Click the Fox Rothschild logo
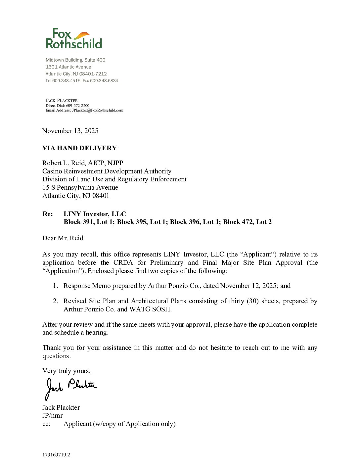[74, 39]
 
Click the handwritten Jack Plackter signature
[71, 387]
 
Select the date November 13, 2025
[70, 131]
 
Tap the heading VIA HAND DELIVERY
[79, 148]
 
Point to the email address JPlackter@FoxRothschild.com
[98, 110]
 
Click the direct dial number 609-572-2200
[78, 106]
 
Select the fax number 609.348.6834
[104, 81]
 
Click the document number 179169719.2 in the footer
[56, 455]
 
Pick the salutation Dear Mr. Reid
[63, 238]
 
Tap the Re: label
[48, 214]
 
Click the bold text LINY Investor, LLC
[95, 214]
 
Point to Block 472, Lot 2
[247, 222]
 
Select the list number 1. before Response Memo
[56, 286]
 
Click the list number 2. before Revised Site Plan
[56, 301]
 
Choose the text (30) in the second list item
[253, 301]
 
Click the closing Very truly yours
[67, 371]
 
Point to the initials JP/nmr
[53, 416]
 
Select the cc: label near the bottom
[46, 424]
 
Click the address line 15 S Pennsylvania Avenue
[80, 188]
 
